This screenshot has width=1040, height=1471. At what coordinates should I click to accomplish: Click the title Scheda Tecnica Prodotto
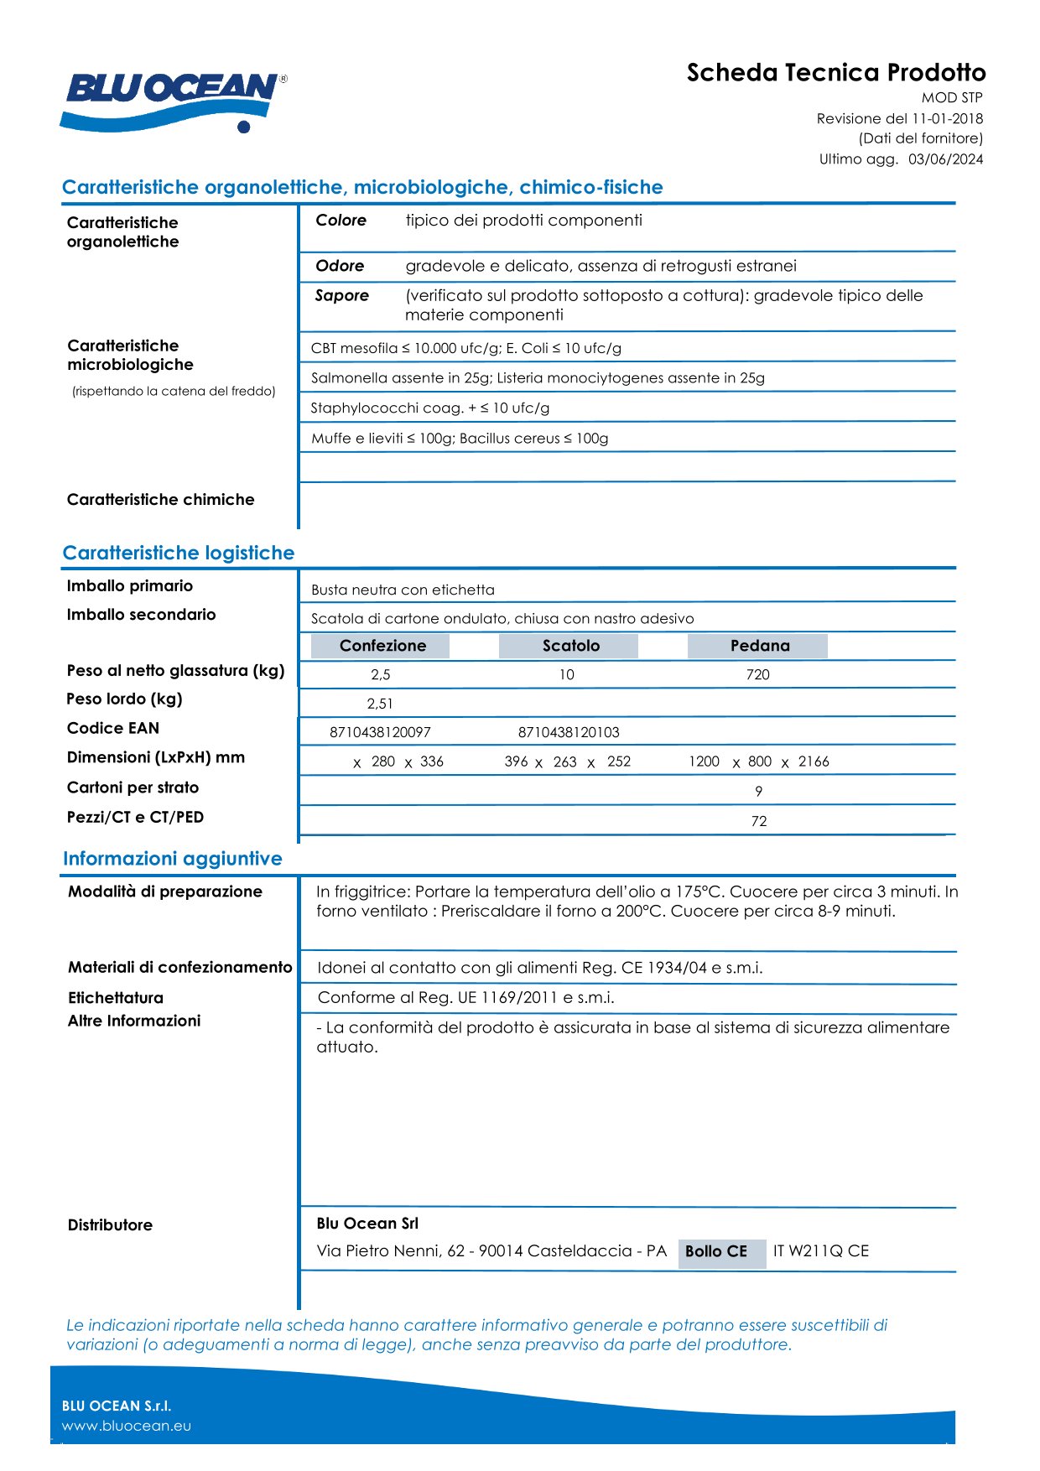(x=835, y=73)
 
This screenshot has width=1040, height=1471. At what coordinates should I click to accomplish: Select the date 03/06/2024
(x=945, y=159)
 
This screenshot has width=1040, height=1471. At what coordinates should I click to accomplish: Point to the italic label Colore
(x=341, y=221)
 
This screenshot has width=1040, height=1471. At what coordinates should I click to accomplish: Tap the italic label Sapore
(x=342, y=296)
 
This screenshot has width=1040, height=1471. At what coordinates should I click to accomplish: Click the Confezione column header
(x=382, y=646)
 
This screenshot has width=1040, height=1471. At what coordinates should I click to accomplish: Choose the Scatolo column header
(x=570, y=646)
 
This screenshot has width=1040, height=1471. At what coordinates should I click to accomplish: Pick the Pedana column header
(x=759, y=646)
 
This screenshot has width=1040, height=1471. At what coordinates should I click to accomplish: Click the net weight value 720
(x=757, y=675)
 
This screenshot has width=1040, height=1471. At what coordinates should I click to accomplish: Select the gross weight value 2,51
(x=380, y=704)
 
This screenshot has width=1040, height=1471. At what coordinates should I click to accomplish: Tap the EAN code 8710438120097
(x=380, y=733)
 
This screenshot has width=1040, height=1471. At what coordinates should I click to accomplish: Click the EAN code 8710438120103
(x=569, y=733)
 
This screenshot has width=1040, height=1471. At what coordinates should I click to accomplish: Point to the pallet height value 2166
(x=813, y=761)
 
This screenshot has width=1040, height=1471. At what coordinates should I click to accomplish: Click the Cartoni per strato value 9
(x=758, y=792)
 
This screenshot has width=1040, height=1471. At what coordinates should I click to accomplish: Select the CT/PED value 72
(x=758, y=822)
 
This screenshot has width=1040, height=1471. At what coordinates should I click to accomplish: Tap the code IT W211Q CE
(x=820, y=1251)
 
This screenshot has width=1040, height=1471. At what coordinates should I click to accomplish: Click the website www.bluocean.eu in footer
(x=127, y=1426)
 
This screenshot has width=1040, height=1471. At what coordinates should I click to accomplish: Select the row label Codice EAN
(x=113, y=729)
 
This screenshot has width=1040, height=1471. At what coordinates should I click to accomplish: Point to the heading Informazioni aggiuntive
(x=173, y=859)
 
